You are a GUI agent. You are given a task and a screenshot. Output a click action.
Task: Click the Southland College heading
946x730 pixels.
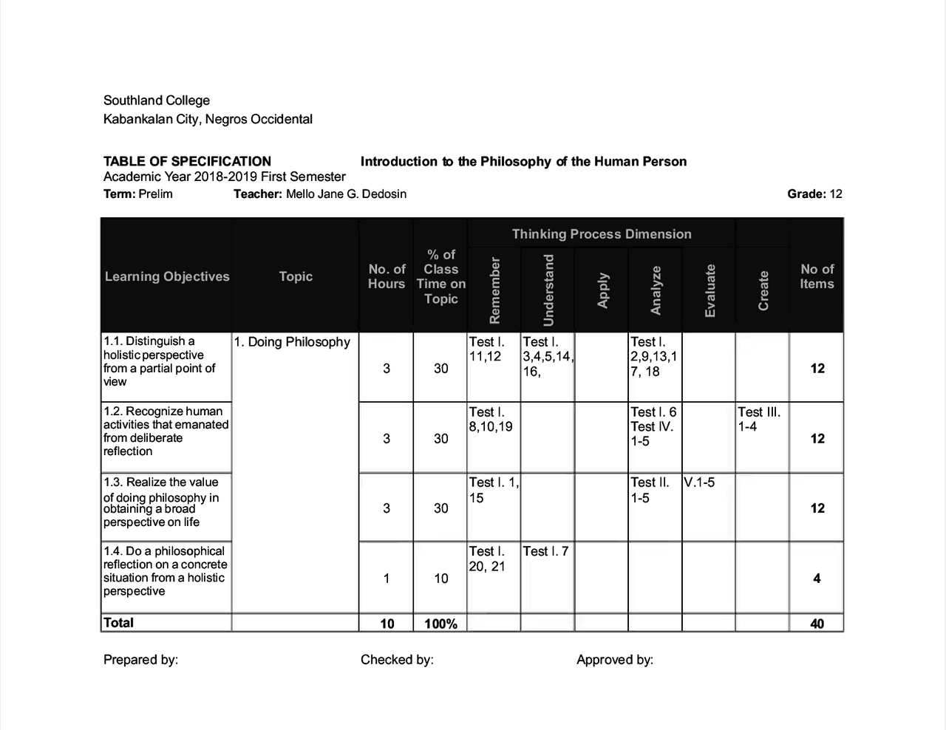[157, 100]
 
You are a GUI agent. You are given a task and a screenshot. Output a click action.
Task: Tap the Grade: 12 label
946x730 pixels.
[814, 194]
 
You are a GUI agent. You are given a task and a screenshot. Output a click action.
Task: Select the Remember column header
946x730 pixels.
[494, 290]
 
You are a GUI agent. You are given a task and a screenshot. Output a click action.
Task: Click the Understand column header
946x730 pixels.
[548, 290]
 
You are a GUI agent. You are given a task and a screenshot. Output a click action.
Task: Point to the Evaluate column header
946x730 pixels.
[710, 290]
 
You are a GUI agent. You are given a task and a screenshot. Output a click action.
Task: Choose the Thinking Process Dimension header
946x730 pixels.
[602, 234]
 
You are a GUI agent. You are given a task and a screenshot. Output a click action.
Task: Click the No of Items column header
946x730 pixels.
[817, 276]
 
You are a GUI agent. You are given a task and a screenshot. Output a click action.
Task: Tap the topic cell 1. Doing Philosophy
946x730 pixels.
[292, 342]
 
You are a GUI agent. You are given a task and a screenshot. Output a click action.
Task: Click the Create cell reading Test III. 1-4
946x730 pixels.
[759, 419]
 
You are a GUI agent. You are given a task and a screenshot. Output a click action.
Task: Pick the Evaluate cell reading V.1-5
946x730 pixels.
[699, 482]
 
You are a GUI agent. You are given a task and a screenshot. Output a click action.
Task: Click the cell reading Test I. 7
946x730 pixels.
[545, 551]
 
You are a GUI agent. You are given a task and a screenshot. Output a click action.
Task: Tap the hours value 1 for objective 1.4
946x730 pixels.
[387, 579]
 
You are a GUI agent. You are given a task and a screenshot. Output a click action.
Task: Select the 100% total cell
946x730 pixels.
[440, 624]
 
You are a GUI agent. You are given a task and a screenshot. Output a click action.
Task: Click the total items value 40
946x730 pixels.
[817, 624]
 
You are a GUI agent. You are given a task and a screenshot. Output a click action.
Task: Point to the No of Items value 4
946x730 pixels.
[817, 579]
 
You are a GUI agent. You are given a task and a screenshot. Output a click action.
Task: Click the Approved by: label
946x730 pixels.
[615, 660]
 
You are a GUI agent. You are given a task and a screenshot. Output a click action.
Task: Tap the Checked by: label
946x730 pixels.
[397, 660]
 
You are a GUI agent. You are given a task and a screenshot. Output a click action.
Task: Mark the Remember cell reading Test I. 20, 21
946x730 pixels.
[487, 559]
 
